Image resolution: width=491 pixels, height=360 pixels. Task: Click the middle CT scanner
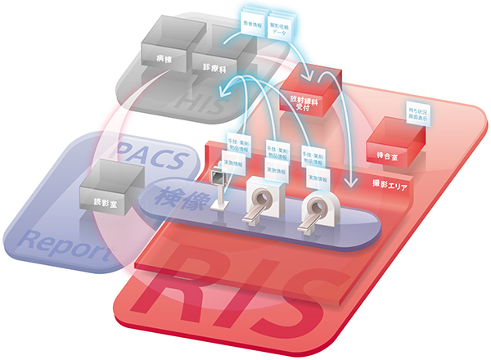(262, 200)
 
